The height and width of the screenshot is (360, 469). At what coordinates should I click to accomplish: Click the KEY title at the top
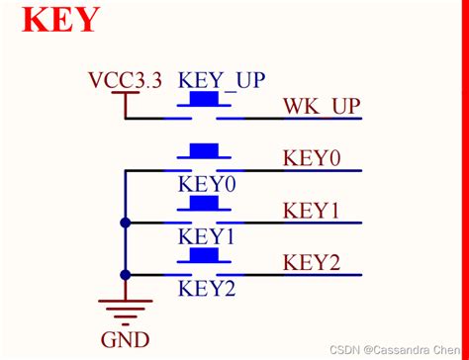point(60,19)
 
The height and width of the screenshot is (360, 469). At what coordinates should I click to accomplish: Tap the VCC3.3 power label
point(125,79)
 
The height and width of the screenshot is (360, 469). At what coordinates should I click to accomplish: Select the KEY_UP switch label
point(223,79)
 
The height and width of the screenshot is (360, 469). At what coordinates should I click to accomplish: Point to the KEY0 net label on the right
point(312,158)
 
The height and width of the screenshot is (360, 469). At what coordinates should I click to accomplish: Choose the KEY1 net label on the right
point(312,211)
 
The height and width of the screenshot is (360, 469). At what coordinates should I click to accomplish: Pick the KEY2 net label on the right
point(312,262)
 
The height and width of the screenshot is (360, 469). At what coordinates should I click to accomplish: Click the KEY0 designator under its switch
point(207,184)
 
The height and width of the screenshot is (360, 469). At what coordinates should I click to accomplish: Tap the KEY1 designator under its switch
point(207,236)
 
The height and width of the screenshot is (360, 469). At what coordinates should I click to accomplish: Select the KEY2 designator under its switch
point(207,289)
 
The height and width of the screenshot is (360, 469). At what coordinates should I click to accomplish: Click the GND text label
point(125,340)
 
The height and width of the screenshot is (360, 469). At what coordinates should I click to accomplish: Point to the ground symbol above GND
point(125,310)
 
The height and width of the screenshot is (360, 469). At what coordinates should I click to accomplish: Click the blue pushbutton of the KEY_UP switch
point(204,100)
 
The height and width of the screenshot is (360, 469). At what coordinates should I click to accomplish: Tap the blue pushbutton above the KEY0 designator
point(204,151)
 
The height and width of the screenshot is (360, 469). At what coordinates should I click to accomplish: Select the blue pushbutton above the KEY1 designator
point(204,204)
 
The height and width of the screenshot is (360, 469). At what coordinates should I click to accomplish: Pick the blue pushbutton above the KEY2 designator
point(204,256)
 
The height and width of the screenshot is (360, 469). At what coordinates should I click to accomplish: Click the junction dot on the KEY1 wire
point(125,223)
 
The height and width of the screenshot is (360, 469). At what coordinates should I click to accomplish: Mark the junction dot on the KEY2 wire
point(125,275)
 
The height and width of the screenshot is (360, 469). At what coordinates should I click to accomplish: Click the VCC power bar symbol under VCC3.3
point(125,95)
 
